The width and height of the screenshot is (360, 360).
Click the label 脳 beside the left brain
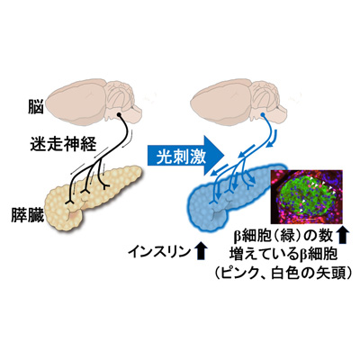[x=36, y=107]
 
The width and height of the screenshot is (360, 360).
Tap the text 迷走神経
[x=63, y=144]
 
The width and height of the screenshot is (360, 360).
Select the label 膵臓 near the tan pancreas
[x=28, y=214]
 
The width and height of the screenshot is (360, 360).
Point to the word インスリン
[x=159, y=251]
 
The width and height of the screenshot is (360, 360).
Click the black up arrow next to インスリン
[x=201, y=251]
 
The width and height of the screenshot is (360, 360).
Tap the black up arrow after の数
[x=342, y=235]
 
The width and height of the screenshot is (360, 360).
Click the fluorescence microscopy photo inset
[x=306, y=197]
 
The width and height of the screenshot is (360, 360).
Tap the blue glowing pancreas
[x=228, y=198]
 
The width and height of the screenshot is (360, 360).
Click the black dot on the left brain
[x=119, y=115]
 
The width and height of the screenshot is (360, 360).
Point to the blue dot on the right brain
[x=263, y=115]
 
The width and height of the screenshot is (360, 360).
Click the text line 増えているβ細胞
[x=283, y=254]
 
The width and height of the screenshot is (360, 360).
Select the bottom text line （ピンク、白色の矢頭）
[x=283, y=273]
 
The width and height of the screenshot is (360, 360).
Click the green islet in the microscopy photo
[x=306, y=196]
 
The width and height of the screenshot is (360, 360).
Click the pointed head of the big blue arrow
[x=224, y=156]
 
